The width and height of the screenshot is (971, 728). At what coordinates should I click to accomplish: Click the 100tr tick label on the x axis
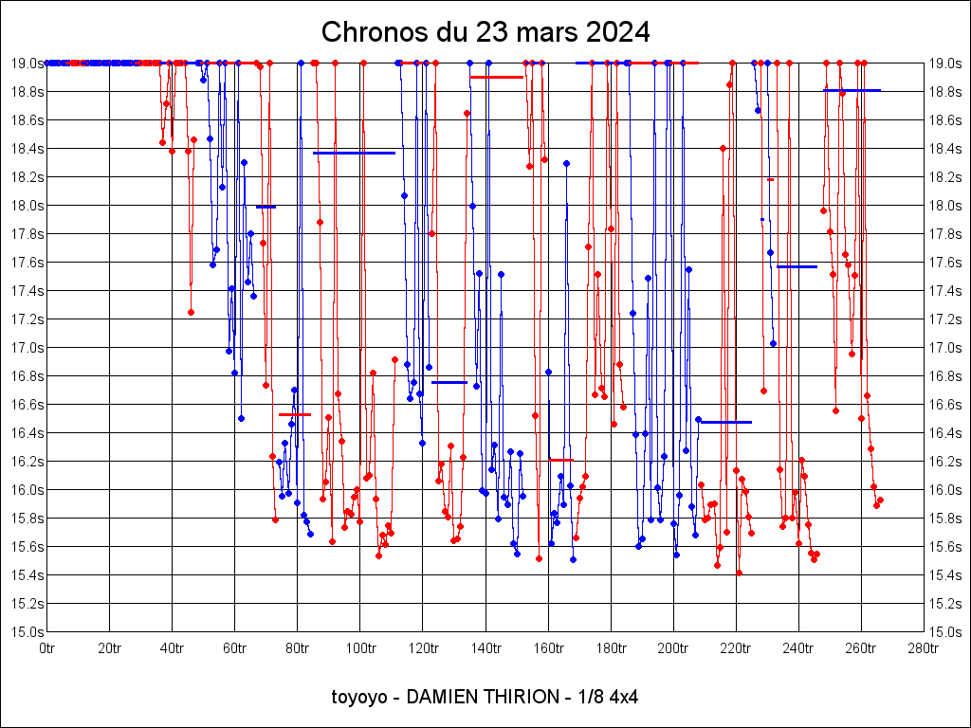[360, 648]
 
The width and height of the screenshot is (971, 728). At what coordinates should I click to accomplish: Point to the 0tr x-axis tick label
[47, 648]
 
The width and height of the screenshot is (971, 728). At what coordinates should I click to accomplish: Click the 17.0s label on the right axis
[945, 348]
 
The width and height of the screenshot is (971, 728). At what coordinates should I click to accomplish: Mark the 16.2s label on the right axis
[945, 462]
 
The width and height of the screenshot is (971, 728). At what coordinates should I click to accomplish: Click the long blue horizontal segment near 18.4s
[354, 153]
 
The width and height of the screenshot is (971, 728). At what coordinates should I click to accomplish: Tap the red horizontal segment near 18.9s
[496, 77]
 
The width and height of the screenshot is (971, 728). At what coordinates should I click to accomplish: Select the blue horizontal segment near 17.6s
[797, 266]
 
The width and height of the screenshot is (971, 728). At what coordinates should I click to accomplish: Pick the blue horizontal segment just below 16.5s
[725, 422]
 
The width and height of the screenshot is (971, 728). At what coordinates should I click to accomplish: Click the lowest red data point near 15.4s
[739, 573]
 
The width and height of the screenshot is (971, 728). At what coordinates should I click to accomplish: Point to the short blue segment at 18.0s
[266, 207]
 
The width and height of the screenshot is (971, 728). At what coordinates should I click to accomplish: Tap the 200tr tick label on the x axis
[673, 648]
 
